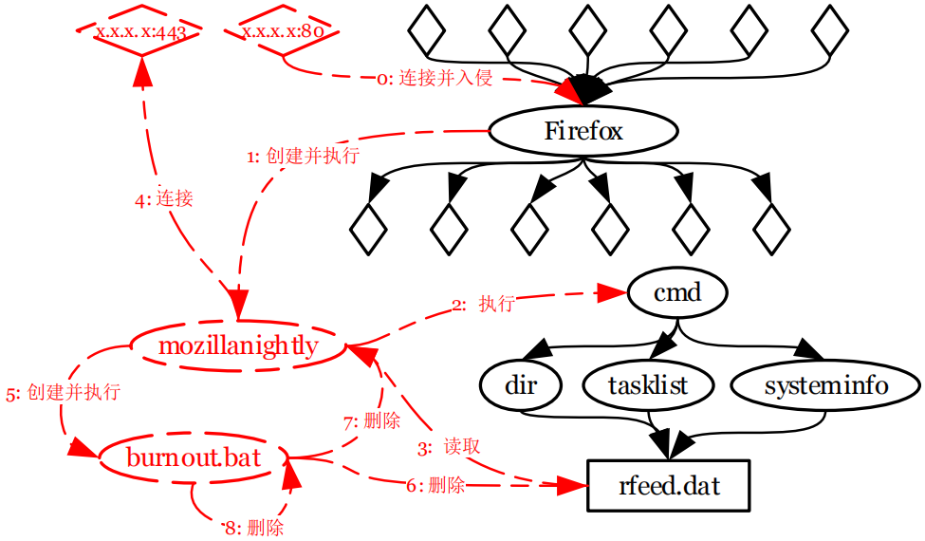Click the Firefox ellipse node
click(x=583, y=131)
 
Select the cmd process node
click(x=676, y=292)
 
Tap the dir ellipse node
click(x=520, y=385)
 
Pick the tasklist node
click(x=648, y=385)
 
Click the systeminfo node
click(x=825, y=385)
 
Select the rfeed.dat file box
click(x=669, y=487)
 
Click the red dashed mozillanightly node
click(x=237, y=345)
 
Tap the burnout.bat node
click(x=193, y=458)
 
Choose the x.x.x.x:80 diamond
click(x=284, y=30)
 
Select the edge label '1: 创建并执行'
click(x=303, y=157)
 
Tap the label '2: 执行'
click(x=483, y=305)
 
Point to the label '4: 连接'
click(x=164, y=199)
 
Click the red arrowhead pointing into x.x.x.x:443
click(x=142, y=69)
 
